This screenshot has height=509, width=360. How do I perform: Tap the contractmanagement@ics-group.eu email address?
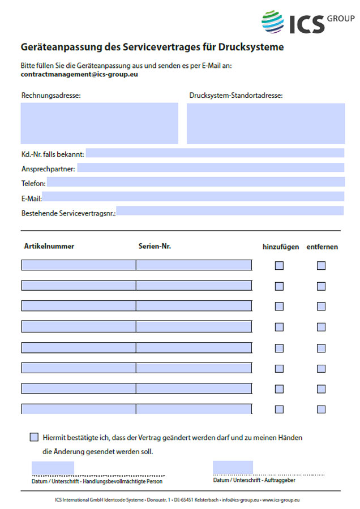point(80,74)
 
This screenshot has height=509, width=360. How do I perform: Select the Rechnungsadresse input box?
point(100,123)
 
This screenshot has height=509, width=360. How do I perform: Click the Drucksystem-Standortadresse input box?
point(265,123)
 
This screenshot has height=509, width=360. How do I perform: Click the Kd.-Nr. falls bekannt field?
point(215,153)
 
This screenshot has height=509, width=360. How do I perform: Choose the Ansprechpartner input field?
point(211,167)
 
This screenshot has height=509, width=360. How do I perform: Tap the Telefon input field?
point(195,182)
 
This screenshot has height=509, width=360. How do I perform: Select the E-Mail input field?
point(193,196)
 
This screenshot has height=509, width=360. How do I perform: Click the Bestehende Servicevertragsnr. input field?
point(230,211)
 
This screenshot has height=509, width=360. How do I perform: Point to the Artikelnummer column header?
point(49,246)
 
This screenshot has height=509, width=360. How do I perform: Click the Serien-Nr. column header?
point(155,246)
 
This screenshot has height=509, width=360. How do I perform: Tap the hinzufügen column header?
point(281,247)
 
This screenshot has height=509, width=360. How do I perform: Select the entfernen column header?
point(322,247)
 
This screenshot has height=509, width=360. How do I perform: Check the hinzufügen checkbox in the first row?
point(279,266)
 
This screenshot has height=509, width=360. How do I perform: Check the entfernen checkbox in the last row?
point(321,409)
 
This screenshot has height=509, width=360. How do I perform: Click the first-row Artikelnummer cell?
point(79,265)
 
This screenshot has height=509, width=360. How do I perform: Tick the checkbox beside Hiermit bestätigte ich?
point(34,437)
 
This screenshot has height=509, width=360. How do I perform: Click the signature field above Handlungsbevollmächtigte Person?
point(53,468)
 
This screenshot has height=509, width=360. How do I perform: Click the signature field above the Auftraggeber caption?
point(233,467)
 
